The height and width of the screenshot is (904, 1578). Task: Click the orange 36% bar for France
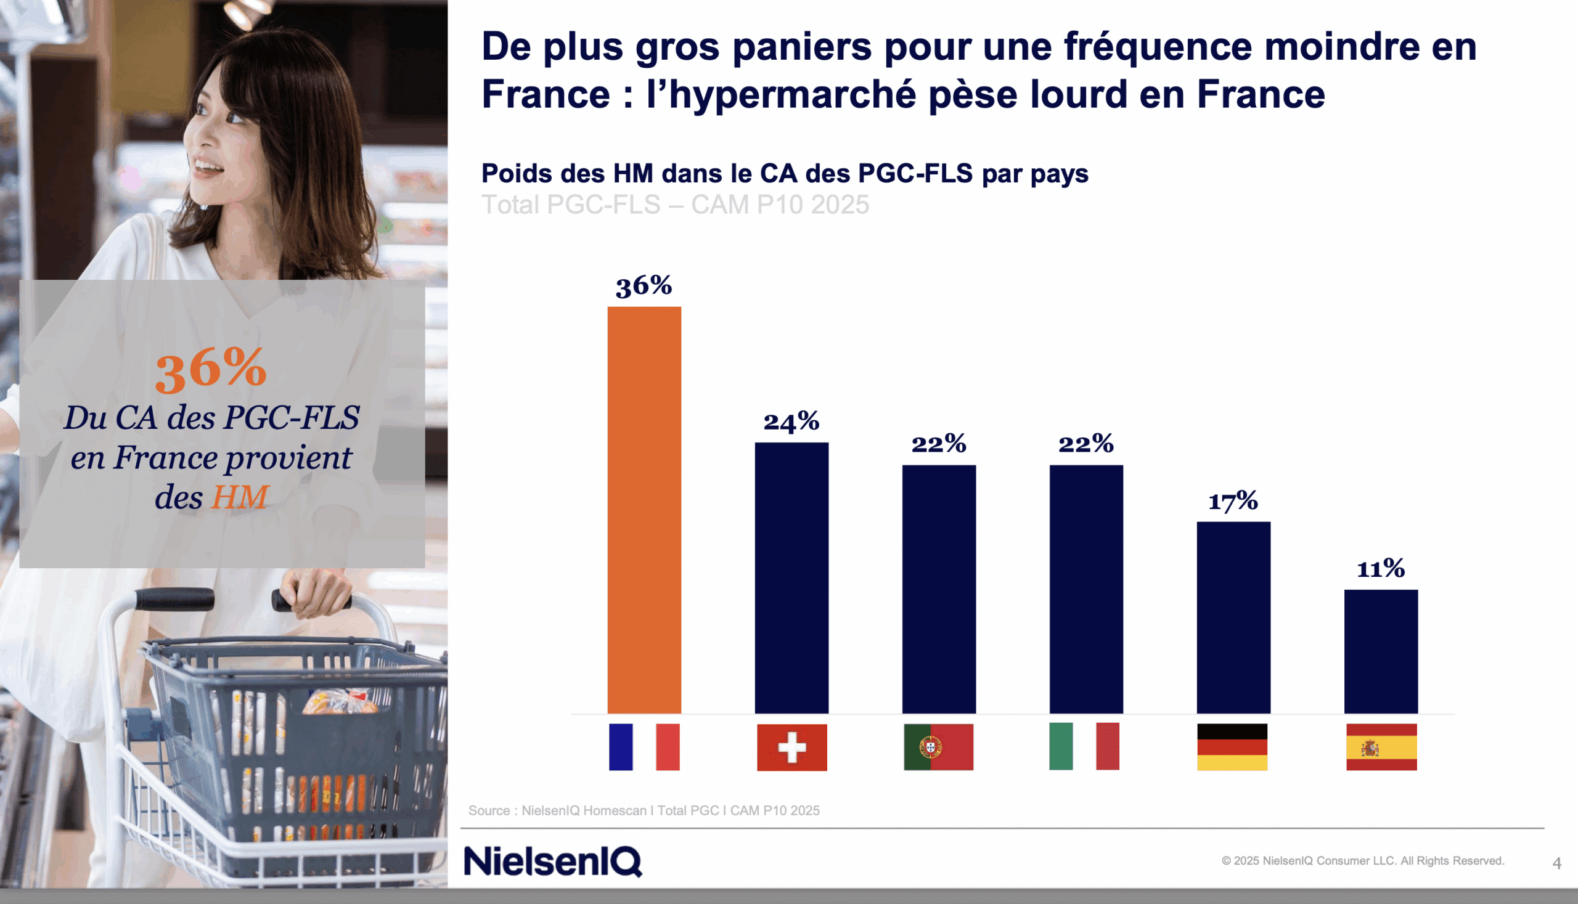click(x=644, y=509)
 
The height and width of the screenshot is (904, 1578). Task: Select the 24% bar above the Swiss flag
click(x=791, y=577)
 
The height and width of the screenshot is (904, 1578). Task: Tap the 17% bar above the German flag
click(x=1233, y=617)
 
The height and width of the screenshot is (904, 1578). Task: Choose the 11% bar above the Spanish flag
click(x=1381, y=651)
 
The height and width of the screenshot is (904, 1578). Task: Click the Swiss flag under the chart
click(x=792, y=747)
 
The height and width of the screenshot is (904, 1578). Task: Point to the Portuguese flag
click(x=938, y=747)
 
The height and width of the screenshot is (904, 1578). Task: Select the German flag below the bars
click(x=1232, y=747)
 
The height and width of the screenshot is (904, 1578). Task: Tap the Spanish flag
click(x=1381, y=747)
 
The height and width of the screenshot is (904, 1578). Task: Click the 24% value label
click(x=791, y=421)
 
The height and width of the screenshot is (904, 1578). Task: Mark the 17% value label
click(x=1233, y=500)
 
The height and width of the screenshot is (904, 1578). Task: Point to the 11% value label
click(x=1381, y=569)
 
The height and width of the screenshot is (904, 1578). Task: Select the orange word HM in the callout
click(x=239, y=497)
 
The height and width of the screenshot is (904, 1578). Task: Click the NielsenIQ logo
click(x=553, y=861)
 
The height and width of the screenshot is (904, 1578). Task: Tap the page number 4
click(x=1556, y=863)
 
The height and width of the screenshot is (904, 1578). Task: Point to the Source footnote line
click(x=644, y=810)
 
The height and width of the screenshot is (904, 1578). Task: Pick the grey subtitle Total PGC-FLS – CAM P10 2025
click(x=675, y=205)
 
